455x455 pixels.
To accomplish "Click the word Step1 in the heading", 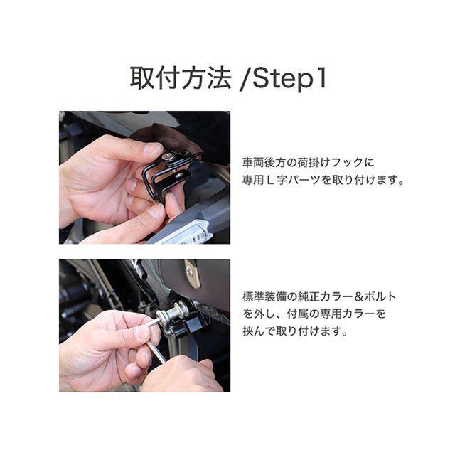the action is tap(290, 78).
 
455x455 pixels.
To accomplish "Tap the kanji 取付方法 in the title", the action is tap(181, 77).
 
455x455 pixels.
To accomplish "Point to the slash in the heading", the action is tap(245, 79).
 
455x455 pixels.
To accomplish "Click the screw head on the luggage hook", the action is tap(168, 156).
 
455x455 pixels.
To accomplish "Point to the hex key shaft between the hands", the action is tap(156, 350).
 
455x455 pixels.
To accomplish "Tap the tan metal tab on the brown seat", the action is tap(193, 274).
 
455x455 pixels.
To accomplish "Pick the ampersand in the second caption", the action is tap(358, 296).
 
